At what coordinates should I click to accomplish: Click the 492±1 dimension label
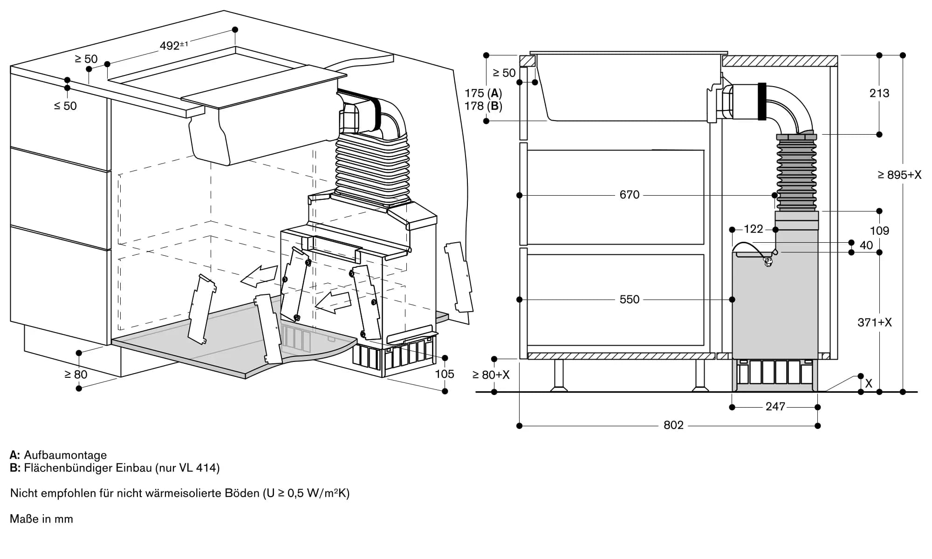[x=173, y=45]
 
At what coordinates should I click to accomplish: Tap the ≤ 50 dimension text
[x=65, y=106]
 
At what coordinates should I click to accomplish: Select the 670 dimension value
[x=629, y=195]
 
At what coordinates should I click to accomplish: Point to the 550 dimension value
[x=629, y=300]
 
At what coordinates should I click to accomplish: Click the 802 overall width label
[x=673, y=425]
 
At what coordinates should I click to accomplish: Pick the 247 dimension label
[x=775, y=407]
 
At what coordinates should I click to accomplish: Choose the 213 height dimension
[x=879, y=93]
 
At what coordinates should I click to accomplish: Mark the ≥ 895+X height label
[x=899, y=175]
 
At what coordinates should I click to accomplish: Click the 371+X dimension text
[x=874, y=322]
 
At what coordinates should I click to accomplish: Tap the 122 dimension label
[x=753, y=229]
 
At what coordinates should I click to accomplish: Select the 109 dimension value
[x=879, y=231]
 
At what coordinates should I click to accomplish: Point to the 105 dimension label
[x=444, y=374]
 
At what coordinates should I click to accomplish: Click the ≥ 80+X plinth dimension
[x=491, y=375]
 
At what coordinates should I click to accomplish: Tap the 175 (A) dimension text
[x=483, y=93]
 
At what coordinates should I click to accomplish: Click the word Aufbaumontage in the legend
[x=65, y=455]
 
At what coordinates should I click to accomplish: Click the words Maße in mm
[x=41, y=519]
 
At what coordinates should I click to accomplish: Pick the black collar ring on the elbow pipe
[x=762, y=101]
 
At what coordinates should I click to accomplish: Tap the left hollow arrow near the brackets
[x=259, y=275]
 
